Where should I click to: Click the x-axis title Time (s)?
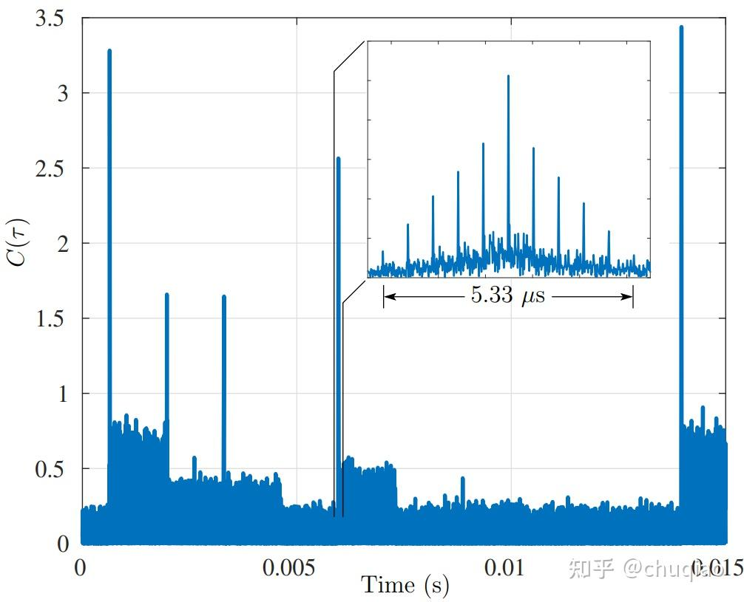tap(405, 586)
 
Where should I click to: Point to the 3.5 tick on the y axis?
tap(53, 18)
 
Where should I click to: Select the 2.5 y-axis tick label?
tap(53, 168)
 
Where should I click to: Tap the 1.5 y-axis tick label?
tap(53, 318)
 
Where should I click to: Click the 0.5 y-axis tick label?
tap(53, 469)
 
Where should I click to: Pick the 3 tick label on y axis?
tap(63, 93)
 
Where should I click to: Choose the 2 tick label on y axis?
tap(63, 243)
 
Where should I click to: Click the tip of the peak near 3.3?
tap(109, 50)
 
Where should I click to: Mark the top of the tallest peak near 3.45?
tap(681, 27)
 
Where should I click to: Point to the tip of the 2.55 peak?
tap(339, 158)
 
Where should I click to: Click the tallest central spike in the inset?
tap(508, 76)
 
